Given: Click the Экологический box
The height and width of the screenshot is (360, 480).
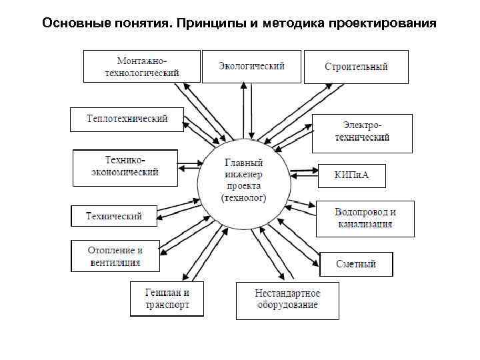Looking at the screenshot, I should [252, 66].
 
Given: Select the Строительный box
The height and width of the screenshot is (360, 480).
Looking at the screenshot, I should [356, 67].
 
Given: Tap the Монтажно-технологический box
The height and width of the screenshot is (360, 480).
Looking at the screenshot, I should [142, 67].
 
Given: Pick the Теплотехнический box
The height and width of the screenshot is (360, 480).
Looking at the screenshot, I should [127, 119].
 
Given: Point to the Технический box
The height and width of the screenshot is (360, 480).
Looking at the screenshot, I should [115, 216].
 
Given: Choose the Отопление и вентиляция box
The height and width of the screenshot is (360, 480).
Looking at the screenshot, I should [115, 256].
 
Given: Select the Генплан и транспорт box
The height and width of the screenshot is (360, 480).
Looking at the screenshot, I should [167, 299].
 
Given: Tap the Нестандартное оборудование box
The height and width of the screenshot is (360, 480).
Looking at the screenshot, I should [287, 299].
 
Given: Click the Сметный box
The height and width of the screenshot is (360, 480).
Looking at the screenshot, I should [356, 264].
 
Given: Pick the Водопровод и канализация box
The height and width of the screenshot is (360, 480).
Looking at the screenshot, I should [365, 218].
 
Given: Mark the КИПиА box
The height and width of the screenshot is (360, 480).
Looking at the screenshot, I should [351, 175].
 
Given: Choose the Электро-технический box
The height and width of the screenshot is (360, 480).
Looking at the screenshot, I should [362, 132].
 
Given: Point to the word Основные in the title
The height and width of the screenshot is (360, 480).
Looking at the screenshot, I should [72, 24].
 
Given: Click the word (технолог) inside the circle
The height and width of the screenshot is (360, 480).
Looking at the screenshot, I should [243, 198].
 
